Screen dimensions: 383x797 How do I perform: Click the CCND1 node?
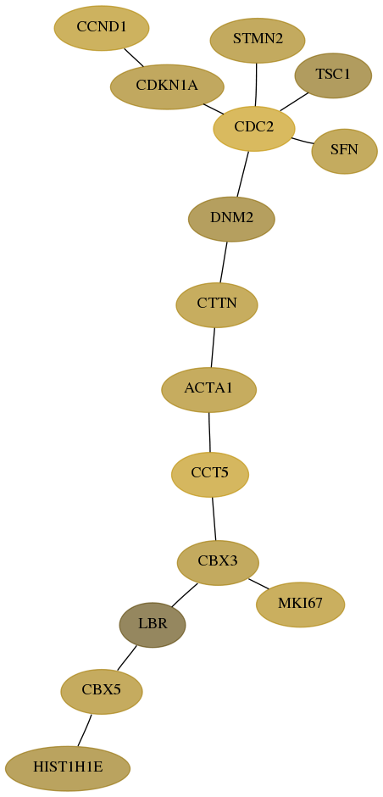click(x=102, y=28)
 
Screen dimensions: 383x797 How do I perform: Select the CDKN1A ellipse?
click(x=167, y=86)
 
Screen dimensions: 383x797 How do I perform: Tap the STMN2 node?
click(x=257, y=40)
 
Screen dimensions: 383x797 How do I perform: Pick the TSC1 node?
click(x=333, y=75)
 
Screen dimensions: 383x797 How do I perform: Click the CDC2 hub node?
click(x=254, y=129)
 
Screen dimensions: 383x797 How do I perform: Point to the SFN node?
click(x=344, y=151)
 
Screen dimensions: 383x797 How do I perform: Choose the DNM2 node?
click(x=231, y=219)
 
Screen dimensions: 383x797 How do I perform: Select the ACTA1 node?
click(x=208, y=389)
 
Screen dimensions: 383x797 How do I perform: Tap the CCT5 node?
click(x=210, y=474)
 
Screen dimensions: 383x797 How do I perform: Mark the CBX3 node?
click(x=218, y=563)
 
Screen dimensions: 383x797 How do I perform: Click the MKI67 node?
click(x=300, y=605)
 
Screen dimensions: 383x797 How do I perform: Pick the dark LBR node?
click(x=153, y=625)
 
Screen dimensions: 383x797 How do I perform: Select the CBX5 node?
click(x=102, y=691)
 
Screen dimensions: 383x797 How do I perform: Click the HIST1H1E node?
click(x=68, y=768)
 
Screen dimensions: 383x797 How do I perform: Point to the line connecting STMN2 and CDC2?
click(x=256, y=85)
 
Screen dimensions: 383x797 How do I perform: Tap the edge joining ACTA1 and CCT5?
click(x=209, y=432)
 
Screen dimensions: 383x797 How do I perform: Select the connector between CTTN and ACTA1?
click(x=213, y=347)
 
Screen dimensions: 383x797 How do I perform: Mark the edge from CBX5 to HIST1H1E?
click(x=85, y=730)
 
